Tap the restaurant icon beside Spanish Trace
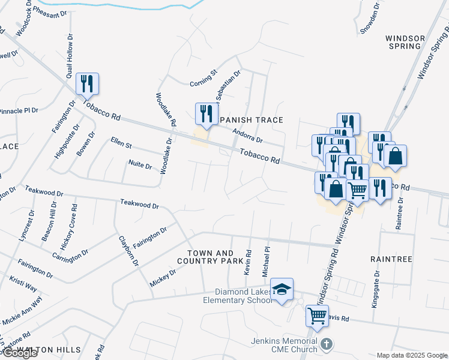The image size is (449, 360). pos(206,114)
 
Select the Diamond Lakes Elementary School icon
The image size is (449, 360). pos(282,289)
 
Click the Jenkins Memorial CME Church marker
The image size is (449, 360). pos(327,344)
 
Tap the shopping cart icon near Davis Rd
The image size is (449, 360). pos(317,314)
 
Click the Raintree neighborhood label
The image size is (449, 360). pos(391,259)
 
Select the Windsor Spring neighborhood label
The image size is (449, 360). pos(405,42)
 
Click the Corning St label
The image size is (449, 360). pos(203,76)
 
